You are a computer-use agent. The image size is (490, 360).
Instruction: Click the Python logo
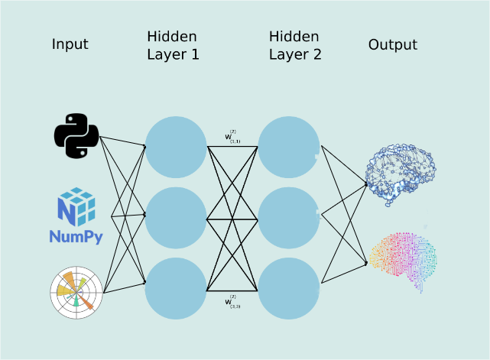(76, 135)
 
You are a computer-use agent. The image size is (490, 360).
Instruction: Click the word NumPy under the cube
(76, 236)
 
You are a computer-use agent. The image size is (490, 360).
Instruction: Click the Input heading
(70, 44)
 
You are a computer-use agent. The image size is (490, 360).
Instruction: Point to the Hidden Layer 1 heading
(173, 46)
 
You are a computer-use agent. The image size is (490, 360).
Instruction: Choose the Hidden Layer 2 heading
(295, 46)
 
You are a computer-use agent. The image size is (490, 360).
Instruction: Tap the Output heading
(393, 44)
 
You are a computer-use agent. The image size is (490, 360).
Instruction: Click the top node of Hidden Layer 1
(176, 147)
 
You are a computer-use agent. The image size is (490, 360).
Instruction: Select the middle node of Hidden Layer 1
(176, 218)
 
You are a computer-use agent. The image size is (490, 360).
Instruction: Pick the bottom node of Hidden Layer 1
(176, 289)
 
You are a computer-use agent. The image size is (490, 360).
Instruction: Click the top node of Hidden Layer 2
(288, 147)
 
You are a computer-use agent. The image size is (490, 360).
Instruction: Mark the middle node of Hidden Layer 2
(288, 218)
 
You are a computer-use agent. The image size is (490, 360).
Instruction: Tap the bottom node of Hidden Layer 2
(288, 289)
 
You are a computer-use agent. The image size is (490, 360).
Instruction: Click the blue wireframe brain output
(399, 175)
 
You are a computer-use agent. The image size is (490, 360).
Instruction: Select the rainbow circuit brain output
(403, 258)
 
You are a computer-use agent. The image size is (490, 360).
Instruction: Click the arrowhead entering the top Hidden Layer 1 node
(144, 145)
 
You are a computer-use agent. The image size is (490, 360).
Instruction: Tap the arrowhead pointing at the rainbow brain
(365, 264)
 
